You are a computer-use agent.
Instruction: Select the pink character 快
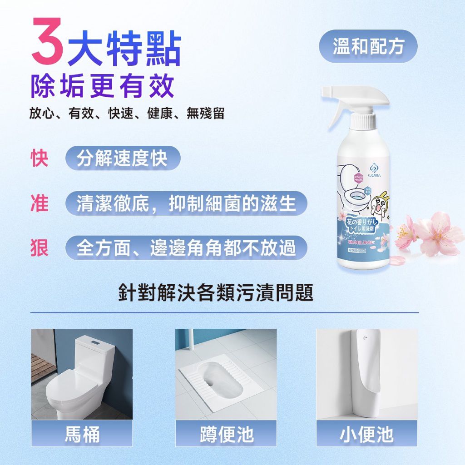pyautogui.click(x=40, y=158)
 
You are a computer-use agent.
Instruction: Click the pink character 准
pyautogui.click(x=40, y=203)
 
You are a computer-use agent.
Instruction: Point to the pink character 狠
pyautogui.click(x=40, y=248)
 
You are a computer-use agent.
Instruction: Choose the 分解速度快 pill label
pyautogui.click(x=123, y=158)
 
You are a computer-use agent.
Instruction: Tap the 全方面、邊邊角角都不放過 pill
pyautogui.click(x=186, y=248)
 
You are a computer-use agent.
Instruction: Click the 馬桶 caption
pyautogui.click(x=82, y=433)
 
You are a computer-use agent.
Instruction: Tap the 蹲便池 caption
pyautogui.click(x=226, y=433)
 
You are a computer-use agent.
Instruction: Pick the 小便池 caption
pyautogui.click(x=367, y=433)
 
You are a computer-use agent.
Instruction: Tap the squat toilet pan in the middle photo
pyautogui.click(x=220, y=377)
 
